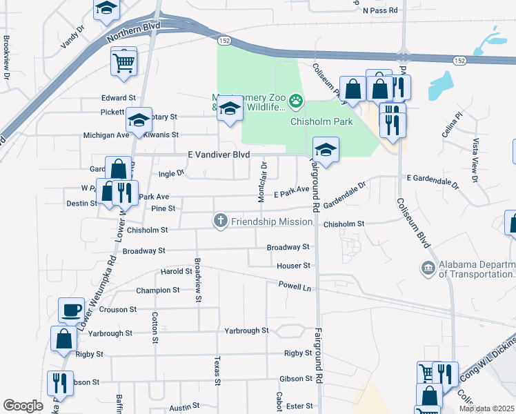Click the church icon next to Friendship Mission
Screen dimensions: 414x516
click(220, 221)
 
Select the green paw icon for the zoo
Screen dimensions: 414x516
click(296, 102)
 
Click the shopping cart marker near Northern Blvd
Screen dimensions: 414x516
click(123, 62)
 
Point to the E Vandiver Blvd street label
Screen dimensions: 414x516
click(218, 155)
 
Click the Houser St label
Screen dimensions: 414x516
click(294, 266)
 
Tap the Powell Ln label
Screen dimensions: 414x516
click(295, 284)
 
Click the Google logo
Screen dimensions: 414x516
click(23, 406)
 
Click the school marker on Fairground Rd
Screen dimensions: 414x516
click(326, 149)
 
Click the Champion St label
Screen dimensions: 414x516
click(157, 290)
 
